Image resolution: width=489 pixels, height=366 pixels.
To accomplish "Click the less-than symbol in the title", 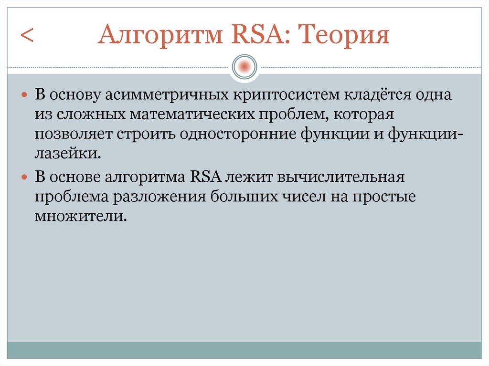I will pyautogui.click(x=27, y=37).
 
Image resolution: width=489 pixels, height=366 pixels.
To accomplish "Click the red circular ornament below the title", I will pyautogui.click(x=244, y=66).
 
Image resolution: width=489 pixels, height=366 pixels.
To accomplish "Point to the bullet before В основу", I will pyautogui.click(x=25, y=95).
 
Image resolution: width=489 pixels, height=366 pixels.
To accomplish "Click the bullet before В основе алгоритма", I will pyautogui.click(x=25, y=177).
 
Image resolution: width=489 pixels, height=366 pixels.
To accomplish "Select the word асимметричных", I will pyautogui.click(x=166, y=94).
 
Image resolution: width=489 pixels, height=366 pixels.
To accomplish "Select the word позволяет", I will pyautogui.click(x=72, y=134).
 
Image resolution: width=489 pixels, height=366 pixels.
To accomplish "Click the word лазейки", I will pyautogui.click(x=67, y=154).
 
